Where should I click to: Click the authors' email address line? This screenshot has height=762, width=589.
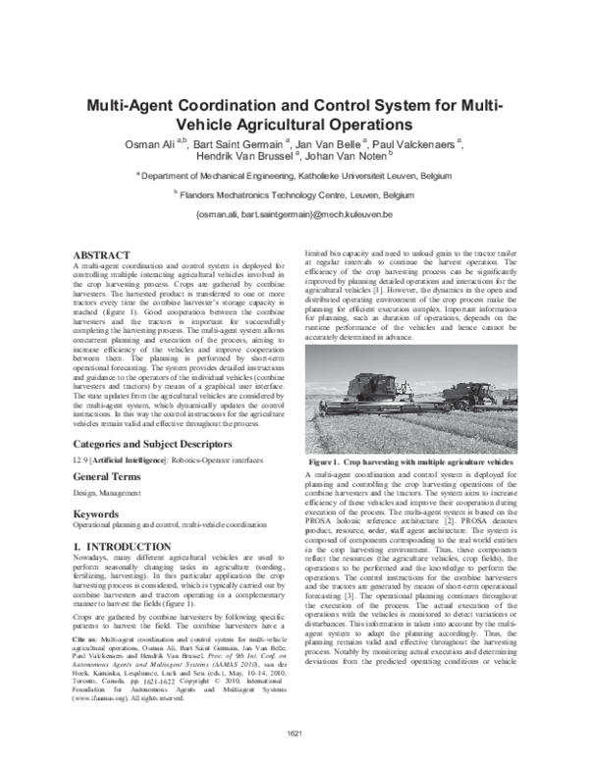[x=294, y=214]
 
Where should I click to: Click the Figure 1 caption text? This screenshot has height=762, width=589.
[x=409, y=461]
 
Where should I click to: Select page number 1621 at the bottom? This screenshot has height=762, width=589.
[x=294, y=734]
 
